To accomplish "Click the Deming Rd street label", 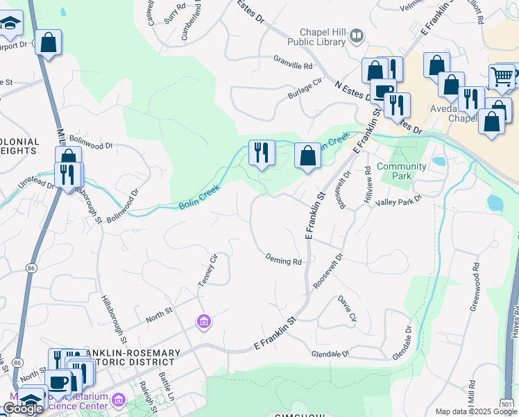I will click(x=283, y=261).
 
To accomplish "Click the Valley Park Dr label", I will click(x=398, y=200).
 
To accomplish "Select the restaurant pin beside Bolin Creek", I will click(x=262, y=152).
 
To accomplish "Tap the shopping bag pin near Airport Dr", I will click(x=49, y=42).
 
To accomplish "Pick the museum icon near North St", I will click(x=204, y=322).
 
